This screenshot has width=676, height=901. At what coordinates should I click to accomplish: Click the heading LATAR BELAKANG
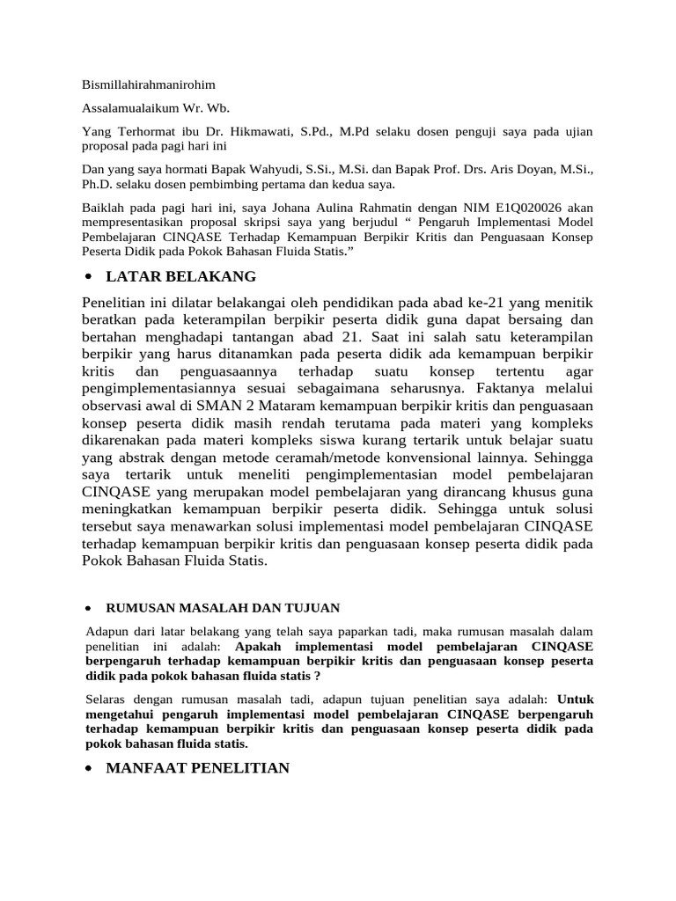point(180,277)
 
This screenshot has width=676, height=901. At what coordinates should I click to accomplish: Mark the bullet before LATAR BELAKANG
point(89,278)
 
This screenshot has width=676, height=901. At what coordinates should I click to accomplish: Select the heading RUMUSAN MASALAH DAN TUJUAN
point(222,608)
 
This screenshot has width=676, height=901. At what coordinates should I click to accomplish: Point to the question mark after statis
point(317,676)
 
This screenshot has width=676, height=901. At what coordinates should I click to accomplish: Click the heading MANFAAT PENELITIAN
point(197,768)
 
